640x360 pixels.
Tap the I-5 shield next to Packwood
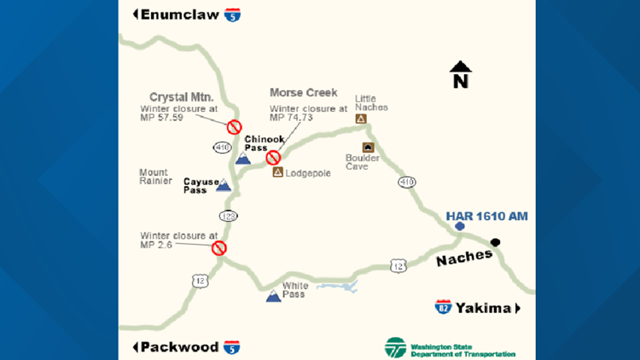coord(231,346)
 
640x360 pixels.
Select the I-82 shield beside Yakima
coord(443,307)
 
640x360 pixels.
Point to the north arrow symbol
coord(460,74)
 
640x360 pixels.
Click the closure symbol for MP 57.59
coord(233,127)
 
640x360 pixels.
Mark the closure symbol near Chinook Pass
coord(273,157)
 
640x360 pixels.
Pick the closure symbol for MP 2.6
coord(218,247)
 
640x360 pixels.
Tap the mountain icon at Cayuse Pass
coord(223,184)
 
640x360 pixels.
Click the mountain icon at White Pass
coord(273,296)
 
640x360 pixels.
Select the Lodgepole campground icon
coord(277,172)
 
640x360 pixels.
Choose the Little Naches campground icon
coord(361,119)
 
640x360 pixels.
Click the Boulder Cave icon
coord(368,147)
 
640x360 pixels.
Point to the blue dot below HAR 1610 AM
coord(459,226)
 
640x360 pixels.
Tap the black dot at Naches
coord(496,242)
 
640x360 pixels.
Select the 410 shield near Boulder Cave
coord(407,182)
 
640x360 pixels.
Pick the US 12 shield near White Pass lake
coord(399,267)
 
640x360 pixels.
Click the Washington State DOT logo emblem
coord(395,347)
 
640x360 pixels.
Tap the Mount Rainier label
coord(154,177)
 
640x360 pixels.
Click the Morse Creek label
coord(303,92)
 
